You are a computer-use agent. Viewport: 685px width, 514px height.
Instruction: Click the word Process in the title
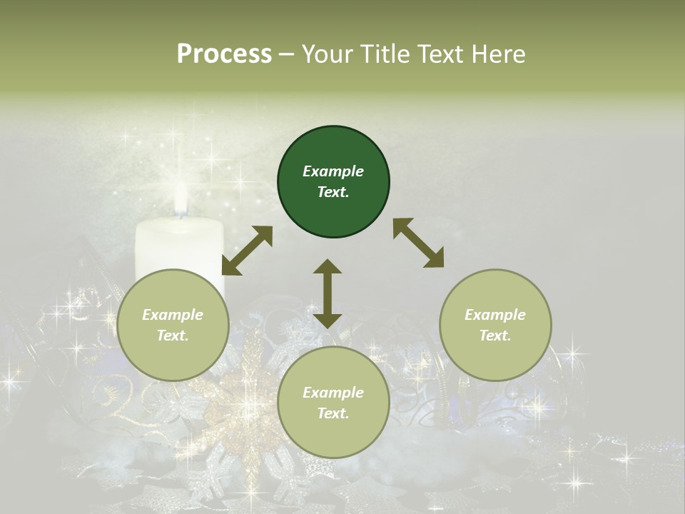pyautogui.click(x=224, y=54)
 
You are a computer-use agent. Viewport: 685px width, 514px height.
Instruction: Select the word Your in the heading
pyautogui.click(x=326, y=54)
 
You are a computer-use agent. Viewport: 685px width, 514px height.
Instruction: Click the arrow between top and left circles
pyautogui.click(x=247, y=251)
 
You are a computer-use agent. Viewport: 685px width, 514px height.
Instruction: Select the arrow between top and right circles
pyautogui.click(x=418, y=243)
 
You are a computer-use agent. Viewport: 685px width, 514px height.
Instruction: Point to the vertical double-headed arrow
pyautogui.click(x=328, y=293)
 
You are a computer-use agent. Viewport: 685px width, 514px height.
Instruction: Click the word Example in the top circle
pyautogui.click(x=333, y=171)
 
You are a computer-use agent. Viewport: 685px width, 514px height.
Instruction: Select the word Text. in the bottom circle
pyautogui.click(x=333, y=413)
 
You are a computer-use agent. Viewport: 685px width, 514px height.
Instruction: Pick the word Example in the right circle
pyautogui.click(x=495, y=315)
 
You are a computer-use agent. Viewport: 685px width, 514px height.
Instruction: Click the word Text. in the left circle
pyautogui.click(x=173, y=336)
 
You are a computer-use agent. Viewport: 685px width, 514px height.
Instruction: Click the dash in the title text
pyautogui.click(x=287, y=54)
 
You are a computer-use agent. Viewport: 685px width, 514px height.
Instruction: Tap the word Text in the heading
pyautogui.click(x=438, y=54)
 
